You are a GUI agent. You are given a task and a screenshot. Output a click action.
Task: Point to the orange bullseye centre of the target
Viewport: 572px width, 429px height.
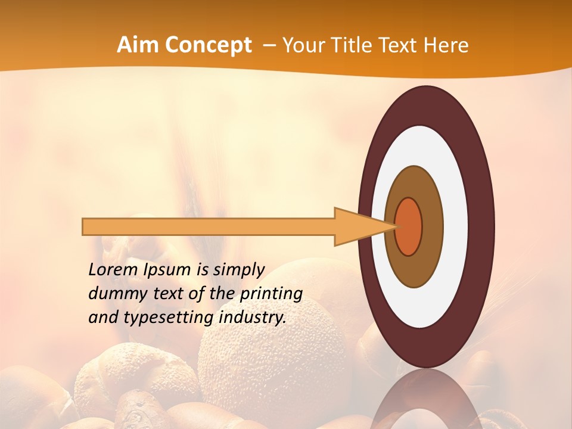coord(409,226)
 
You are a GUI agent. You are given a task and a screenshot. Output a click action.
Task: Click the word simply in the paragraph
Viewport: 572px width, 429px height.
coord(238,270)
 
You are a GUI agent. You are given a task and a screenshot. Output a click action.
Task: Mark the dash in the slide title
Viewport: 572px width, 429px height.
coord(269,45)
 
